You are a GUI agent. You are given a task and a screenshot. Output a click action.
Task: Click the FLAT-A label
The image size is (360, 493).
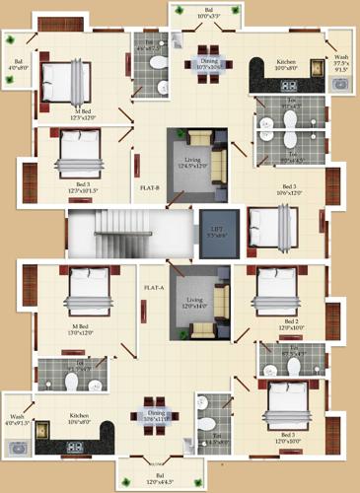click(153, 288)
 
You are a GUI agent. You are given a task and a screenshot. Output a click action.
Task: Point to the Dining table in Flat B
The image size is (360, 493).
click(207, 56)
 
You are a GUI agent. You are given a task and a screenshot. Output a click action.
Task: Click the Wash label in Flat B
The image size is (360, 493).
click(337, 65)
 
